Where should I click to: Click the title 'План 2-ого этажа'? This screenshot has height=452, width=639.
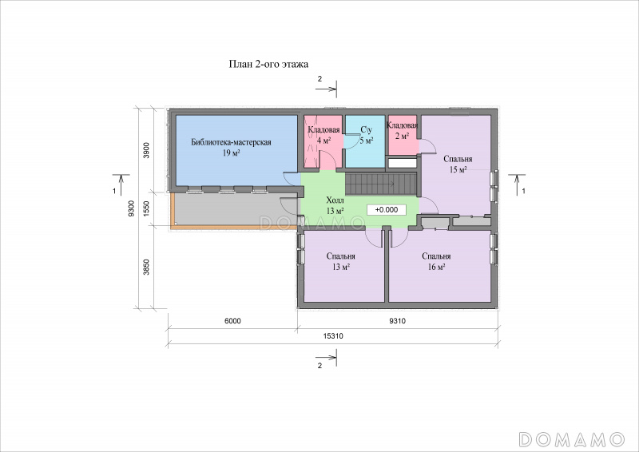tap(268, 65)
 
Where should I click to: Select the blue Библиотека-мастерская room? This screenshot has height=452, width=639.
tap(236, 150)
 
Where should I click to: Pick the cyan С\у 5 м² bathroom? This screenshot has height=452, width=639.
tap(365, 141)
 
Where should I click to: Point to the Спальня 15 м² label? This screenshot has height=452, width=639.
tap(458, 165)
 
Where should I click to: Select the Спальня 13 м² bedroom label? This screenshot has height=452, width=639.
tap(341, 261)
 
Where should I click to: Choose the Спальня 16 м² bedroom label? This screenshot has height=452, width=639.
tap(436, 261)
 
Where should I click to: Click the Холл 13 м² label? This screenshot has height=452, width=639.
tap(335, 205)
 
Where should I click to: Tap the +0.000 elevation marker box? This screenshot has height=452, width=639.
tap(387, 210)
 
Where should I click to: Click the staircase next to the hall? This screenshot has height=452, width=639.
tap(381, 184)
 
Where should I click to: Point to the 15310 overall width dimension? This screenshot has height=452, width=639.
tap(333, 336)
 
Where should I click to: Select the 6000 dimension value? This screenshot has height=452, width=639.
tap(232, 321)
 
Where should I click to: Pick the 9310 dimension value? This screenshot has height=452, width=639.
tap(397, 321)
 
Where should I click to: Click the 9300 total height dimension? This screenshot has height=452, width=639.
tap(131, 208)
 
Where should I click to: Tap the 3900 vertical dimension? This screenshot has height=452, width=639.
tap(147, 150)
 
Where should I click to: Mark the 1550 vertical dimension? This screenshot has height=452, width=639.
tap(147, 208)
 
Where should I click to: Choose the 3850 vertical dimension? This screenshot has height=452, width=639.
tap(147, 267)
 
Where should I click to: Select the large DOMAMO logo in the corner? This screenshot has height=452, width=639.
tap(572, 439)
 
